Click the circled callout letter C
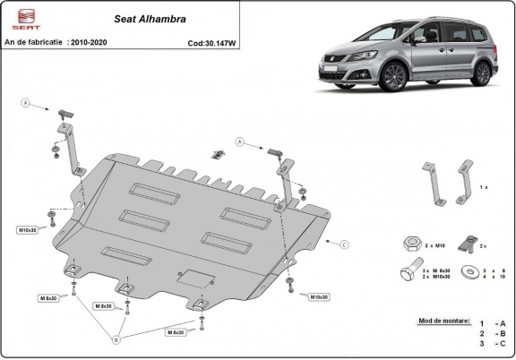[x=343, y=244]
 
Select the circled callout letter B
[x=114, y=339]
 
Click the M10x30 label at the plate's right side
[x=319, y=296]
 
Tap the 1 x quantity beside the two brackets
[x=485, y=186]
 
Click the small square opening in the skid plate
[x=193, y=279]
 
